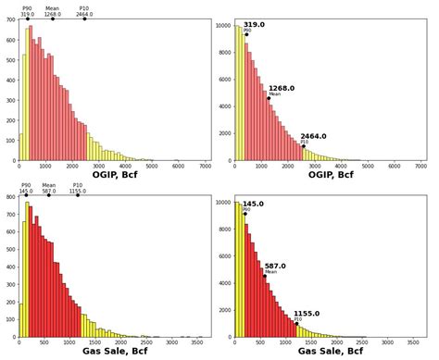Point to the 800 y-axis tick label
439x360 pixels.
[9, 197]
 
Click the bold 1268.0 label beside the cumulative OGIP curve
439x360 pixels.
[282, 89]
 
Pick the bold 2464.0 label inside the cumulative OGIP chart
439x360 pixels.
[313, 136]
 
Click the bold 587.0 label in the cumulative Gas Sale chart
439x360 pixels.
[275, 266]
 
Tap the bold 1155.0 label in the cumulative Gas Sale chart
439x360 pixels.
[307, 314]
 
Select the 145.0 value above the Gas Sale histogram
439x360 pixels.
[26, 192]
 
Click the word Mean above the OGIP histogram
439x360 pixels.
[52, 8]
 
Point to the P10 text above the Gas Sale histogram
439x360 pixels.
[78, 185]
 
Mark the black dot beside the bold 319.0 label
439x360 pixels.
[246, 34]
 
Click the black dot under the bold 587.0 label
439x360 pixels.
[264, 276]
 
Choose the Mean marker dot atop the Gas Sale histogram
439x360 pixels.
[49, 195]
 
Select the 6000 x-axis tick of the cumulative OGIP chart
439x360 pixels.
[394, 167]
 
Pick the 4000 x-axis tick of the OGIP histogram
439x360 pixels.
[125, 167]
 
